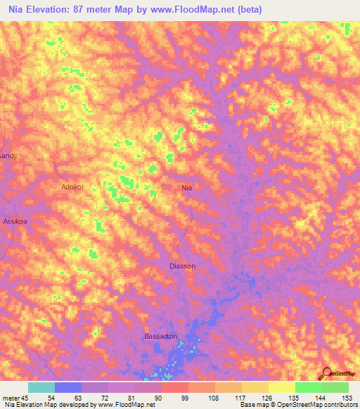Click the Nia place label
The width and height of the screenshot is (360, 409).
tap(186, 188)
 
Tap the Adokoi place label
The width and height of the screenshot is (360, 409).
tap(72, 188)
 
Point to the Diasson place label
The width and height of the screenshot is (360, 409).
tap(183, 266)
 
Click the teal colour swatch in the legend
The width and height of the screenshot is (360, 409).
tap(41, 387)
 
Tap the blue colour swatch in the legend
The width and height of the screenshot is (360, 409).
tap(68, 387)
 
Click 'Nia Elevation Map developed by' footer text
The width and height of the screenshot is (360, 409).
tap(50, 405)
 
